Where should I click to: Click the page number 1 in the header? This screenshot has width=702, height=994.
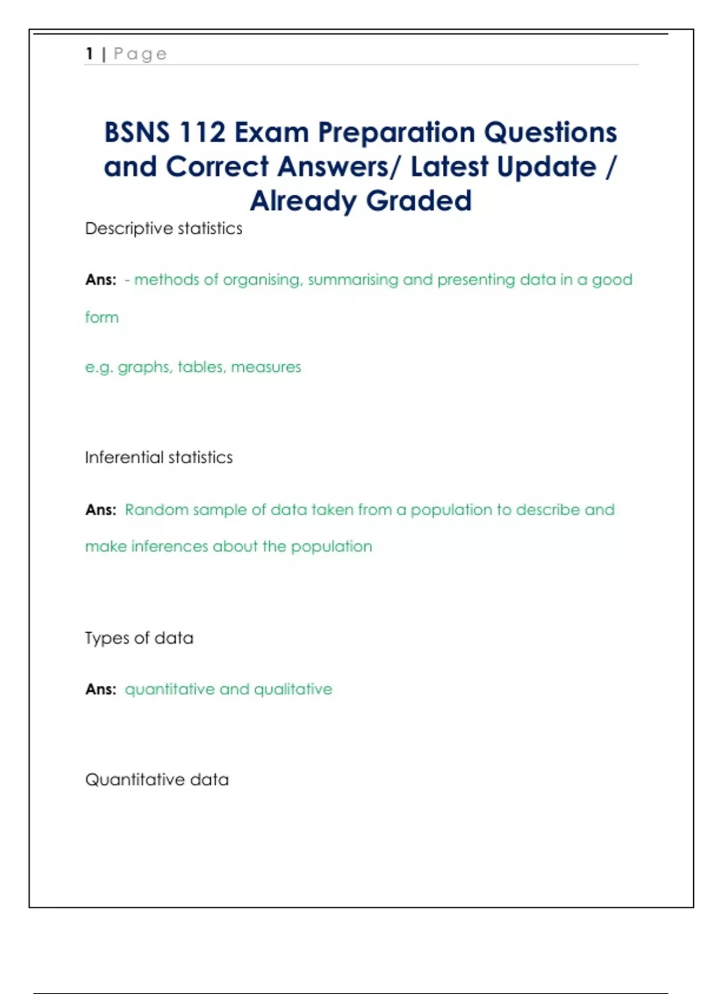pyautogui.click(x=90, y=54)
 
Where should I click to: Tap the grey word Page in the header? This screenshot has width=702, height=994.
pyautogui.click(x=140, y=54)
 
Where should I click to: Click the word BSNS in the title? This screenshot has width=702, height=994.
pyautogui.click(x=137, y=132)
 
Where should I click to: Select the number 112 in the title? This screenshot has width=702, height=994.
pyautogui.click(x=203, y=132)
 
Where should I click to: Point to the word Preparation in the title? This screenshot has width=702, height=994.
pyautogui.click(x=396, y=132)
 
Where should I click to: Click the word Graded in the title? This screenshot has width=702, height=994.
pyautogui.click(x=419, y=201)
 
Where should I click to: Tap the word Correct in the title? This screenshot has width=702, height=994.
pyautogui.click(x=217, y=167)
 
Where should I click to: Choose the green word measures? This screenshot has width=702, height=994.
pyautogui.click(x=266, y=367)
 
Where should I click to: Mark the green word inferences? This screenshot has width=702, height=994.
pyautogui.click(x=170, y=547)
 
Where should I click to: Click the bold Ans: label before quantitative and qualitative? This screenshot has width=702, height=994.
pyautogui.click(x=101, y=689)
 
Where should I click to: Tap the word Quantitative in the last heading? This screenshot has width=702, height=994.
pyautogui.click(x=131, y=779)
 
